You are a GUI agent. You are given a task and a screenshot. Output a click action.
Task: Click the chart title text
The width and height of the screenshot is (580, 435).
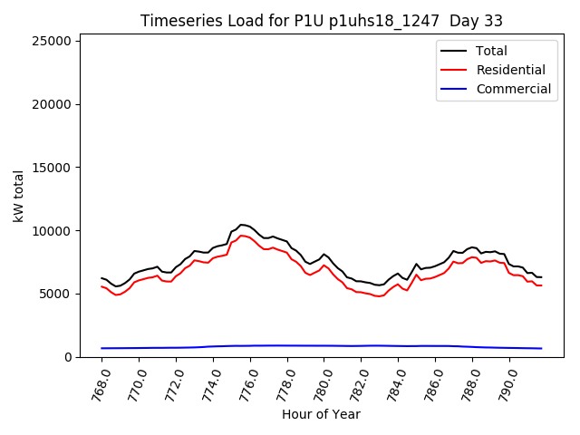(x=322, y=21)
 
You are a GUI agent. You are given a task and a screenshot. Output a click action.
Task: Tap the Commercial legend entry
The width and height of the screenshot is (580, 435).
(x=513, y=89)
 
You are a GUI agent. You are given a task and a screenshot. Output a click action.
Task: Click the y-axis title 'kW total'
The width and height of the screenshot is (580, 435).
(x=19, y=196)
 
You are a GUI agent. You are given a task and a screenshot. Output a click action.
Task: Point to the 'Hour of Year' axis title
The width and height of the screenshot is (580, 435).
(x=322, y=414)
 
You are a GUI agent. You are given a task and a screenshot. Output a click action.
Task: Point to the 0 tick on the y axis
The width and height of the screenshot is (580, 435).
(x=69, y=357)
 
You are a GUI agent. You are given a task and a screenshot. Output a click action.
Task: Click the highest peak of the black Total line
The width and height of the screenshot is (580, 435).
(x=241, y=224)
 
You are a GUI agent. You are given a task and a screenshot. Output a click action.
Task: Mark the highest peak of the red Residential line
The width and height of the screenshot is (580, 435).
(x=241, y=236)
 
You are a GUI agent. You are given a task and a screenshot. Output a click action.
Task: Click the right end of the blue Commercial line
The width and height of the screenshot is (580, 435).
(x=541, y=348)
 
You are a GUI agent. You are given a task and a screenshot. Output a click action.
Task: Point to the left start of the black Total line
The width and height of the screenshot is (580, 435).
(x=101, y=278)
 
